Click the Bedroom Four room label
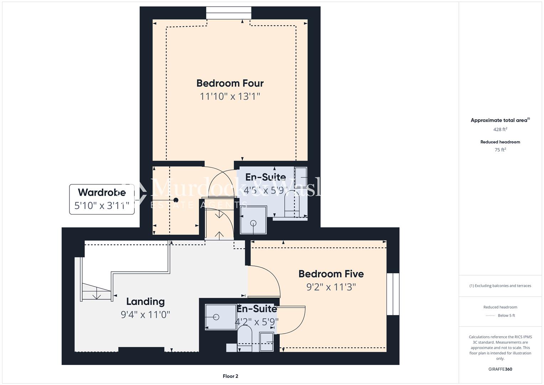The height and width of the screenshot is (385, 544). pos(230,83)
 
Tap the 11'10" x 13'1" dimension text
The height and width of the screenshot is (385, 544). pos(230,96)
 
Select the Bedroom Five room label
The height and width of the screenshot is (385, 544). pos(331,274)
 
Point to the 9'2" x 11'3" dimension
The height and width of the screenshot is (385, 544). pos(331,287)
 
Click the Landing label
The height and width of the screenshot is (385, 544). pos(145,302)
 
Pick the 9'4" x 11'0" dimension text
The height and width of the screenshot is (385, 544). pos(145,315)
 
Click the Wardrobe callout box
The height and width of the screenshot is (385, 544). pos(102,199)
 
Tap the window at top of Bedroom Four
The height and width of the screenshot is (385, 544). pos(228,13)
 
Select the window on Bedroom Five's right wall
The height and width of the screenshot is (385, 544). pos(393,294)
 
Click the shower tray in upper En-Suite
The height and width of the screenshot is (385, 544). pos(253,220)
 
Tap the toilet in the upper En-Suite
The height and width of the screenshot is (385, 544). pos(293,203)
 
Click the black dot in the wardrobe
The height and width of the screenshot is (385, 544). pos(176,200)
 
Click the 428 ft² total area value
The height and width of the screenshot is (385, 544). pos(500,129)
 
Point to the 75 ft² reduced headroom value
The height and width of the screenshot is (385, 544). pos(500,150)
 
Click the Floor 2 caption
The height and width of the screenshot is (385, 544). pos(230,376)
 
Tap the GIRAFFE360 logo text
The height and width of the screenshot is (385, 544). pos(500,369)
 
